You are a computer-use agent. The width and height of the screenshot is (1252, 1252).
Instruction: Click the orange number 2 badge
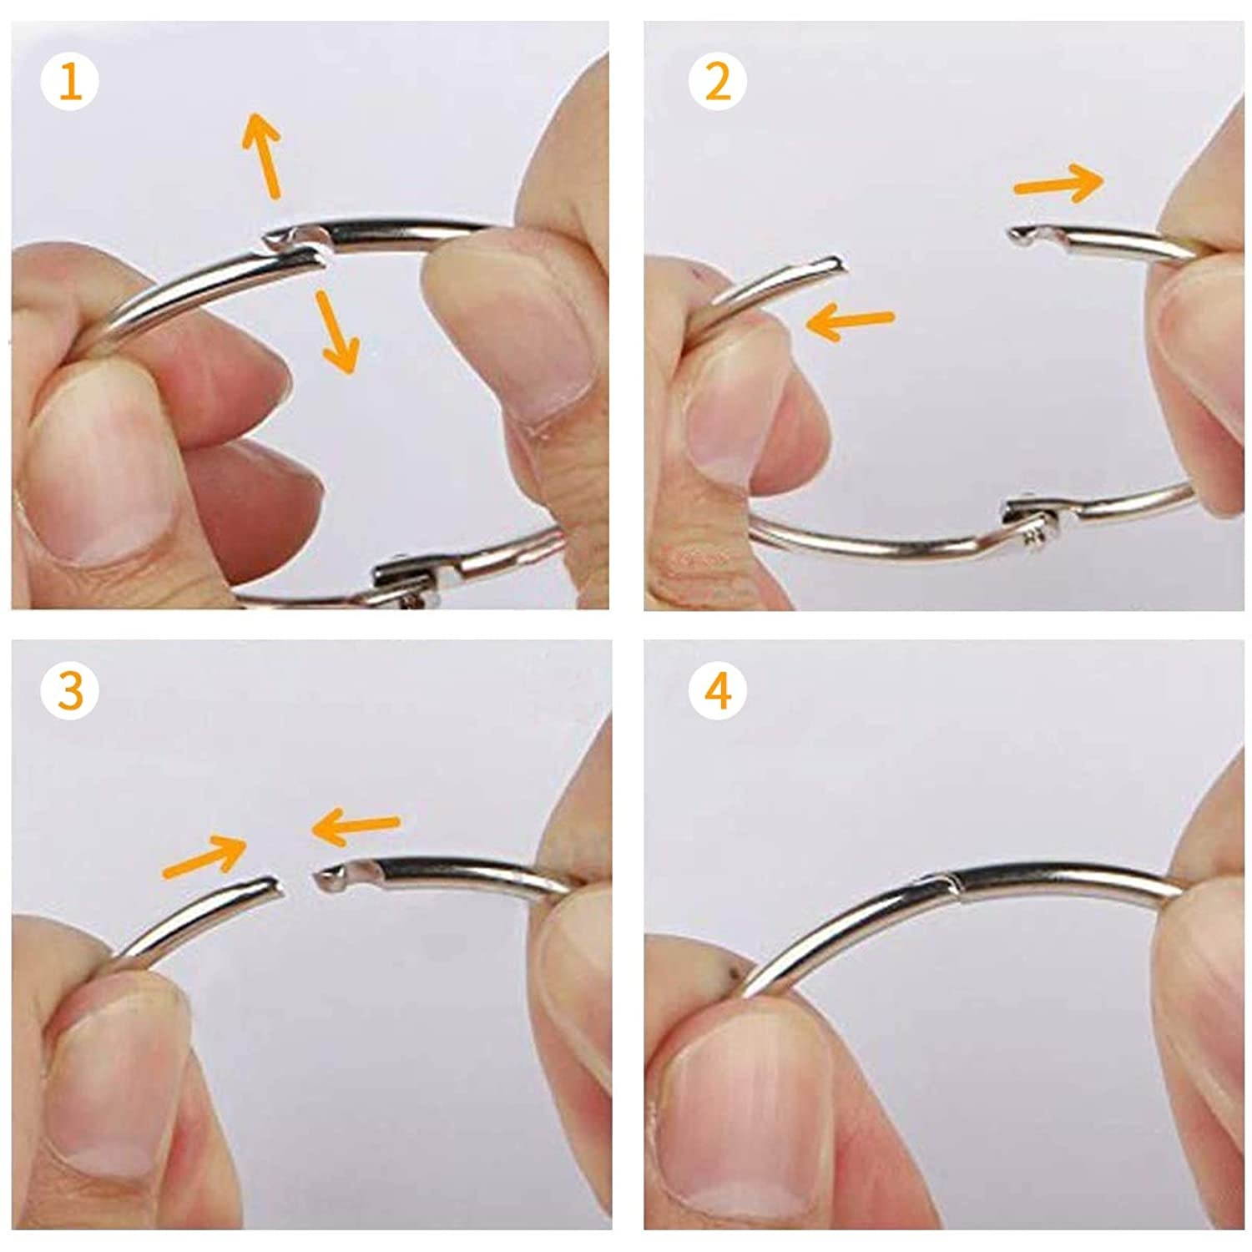pos(718,82)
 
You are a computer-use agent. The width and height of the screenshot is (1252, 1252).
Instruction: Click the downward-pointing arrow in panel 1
pos(337,331)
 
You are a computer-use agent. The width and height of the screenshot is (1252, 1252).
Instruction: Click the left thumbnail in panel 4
pos(735,1085)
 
